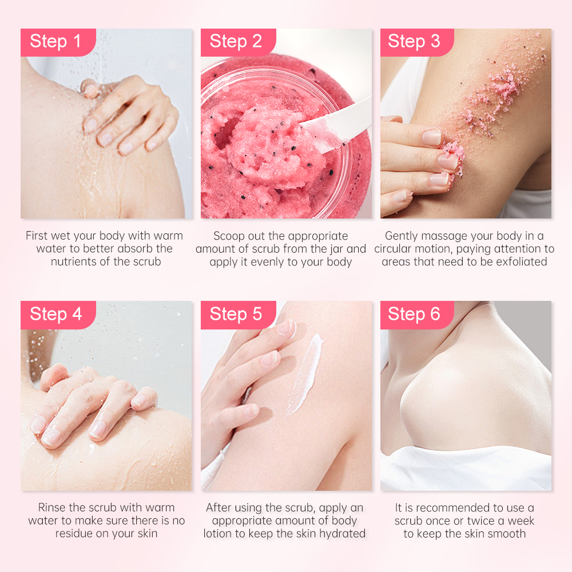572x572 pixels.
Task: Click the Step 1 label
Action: click(56, 42)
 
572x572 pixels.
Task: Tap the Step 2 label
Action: click(236, 42)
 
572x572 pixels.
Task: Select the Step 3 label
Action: click(415, 42)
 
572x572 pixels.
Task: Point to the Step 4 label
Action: click(56, 314)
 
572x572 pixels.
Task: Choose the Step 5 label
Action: click(236, 314)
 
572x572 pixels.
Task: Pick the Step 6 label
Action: click(415, 314)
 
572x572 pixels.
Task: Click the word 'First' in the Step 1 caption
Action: click(38, 236)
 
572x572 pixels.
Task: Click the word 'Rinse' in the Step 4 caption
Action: click(52, 507)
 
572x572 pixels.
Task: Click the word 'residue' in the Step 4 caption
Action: click(76, 534)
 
